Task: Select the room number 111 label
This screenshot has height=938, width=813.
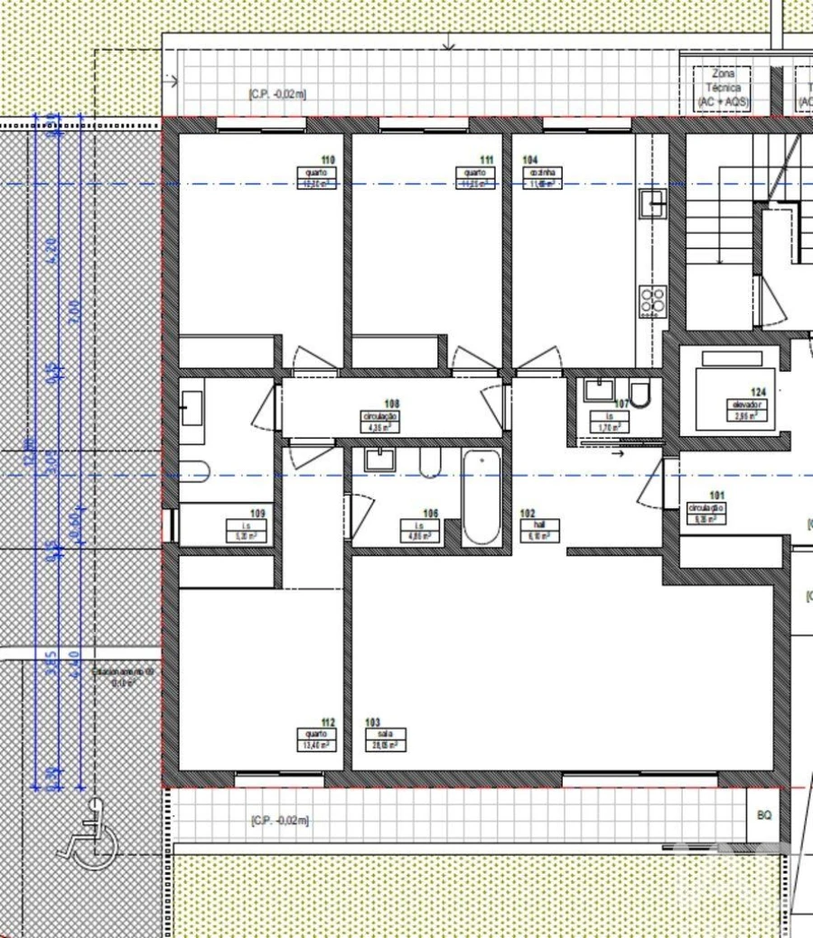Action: click(487, 159)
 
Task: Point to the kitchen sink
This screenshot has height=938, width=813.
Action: click(651, 205)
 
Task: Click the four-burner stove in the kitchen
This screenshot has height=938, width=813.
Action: click(652, 301)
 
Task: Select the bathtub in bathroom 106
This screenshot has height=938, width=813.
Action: click(481, 497)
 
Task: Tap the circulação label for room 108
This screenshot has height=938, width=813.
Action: click(379, 417)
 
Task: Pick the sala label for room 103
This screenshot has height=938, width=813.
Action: click(385, 734)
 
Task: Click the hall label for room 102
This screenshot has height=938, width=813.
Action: click(540, 524)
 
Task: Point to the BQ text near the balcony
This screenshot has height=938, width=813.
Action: click(764, 815)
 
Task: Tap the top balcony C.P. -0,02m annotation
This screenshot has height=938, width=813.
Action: click(276, 94)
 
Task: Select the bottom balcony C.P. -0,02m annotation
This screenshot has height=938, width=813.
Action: click(279, 820)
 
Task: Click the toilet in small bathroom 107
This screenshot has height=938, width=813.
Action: click(640, 395)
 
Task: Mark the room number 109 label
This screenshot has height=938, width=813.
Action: click(257, 514)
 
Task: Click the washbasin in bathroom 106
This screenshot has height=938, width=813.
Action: click(378, 460)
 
